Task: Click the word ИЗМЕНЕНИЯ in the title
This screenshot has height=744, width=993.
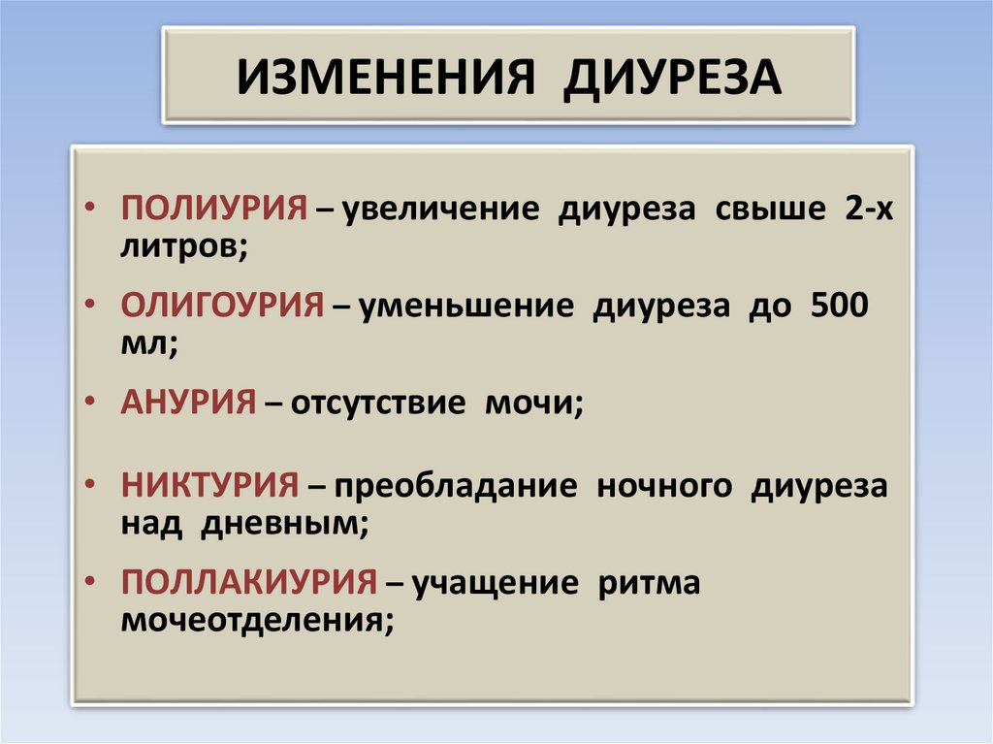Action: tap(386, 78)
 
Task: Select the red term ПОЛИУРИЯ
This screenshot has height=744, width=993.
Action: tap(214, 208)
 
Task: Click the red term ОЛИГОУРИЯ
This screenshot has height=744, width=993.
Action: tap(222, 305)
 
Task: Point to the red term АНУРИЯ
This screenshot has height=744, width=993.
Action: tap(188, 402)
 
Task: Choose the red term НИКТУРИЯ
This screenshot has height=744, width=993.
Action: tap(209, 485)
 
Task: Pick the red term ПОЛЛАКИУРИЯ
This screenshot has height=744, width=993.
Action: tap(249, 582)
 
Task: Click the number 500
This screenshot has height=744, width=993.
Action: tap(839, 305)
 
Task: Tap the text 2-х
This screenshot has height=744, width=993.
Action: tap(868, 208)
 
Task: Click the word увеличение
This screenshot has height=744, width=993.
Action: tap(441, 210)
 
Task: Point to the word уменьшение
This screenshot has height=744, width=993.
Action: tap(466, 307)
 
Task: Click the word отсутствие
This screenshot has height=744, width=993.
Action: tap(378, 404)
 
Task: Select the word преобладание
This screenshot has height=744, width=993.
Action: tap(456, 487)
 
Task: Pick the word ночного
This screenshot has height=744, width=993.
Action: tap(664, 488)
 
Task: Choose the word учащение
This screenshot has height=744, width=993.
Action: tap(496, 584)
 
